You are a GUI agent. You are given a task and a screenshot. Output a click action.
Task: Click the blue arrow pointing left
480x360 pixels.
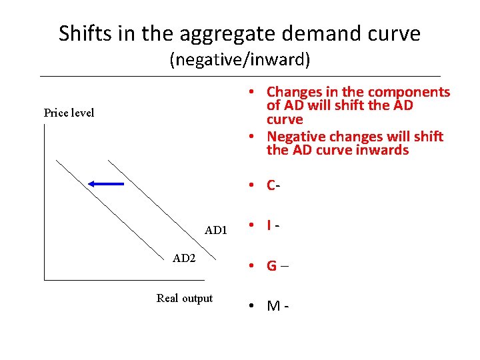(x=106, y=183)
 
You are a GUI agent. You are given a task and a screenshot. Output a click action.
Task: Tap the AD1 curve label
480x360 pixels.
(x=216, y=231)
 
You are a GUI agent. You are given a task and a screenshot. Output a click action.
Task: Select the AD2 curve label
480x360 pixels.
(x=184, y=259)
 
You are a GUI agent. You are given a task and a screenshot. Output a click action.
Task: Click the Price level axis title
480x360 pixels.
(x=69, y=113)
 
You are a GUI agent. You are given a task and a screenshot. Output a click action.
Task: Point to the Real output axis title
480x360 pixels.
(x=184, y=298)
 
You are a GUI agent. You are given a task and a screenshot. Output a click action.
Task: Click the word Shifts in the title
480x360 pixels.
(x=83, y=33)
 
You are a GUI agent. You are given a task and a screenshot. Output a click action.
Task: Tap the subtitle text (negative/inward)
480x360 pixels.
(x=240, y=61)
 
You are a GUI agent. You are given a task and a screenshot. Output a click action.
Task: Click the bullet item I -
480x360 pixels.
(x=272, y=226)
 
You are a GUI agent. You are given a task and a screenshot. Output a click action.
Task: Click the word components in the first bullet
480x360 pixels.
(x=409, y=92)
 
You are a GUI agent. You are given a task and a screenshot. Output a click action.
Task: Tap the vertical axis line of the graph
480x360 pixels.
(x=44, y=200)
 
